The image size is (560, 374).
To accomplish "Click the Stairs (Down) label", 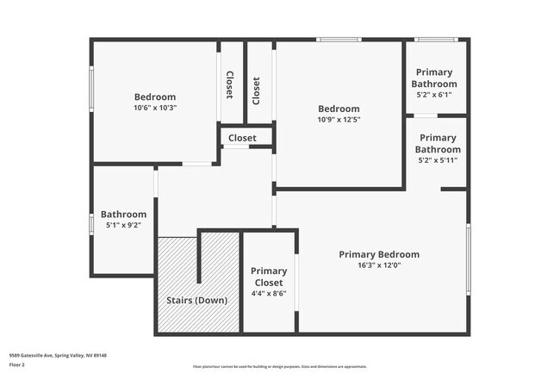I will pos(196,301).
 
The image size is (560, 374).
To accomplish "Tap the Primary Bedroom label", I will pos(379,254).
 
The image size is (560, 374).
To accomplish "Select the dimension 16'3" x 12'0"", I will pos(379,265).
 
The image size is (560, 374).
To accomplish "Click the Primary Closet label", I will pos(269,277).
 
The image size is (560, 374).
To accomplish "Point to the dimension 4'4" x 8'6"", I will pos(269,294).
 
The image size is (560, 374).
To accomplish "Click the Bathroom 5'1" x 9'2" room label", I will pos(123,215).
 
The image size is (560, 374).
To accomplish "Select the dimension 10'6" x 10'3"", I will pos(155,109).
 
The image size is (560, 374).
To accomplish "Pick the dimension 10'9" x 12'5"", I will pos(339,120).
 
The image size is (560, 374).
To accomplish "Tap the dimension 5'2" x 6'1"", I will pos(435,96).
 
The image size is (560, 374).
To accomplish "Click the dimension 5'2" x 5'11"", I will pos(438,160).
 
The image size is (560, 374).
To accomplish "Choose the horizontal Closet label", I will pos(242,138).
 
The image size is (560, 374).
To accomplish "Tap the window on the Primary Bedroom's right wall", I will pos(469,258).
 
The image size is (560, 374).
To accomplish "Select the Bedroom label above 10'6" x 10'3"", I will pos(155,97).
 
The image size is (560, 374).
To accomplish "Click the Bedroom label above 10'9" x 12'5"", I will pos(339,109).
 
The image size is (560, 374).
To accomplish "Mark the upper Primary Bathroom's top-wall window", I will pos(436,40).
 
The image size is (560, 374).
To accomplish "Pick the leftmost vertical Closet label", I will pos(230,84).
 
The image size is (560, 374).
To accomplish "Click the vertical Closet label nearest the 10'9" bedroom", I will pos(256,90).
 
